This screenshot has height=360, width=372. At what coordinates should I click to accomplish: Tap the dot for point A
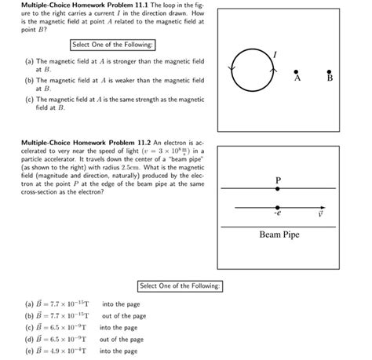point(296,70)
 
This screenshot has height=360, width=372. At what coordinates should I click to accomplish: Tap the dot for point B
point(330,70)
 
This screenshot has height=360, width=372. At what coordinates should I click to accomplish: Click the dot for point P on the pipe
point(277,189)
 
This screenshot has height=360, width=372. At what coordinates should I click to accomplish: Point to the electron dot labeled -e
point(277,208)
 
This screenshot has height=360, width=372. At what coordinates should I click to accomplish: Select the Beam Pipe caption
point(279,235)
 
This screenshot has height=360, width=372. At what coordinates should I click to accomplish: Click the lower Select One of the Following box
point(181,285)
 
